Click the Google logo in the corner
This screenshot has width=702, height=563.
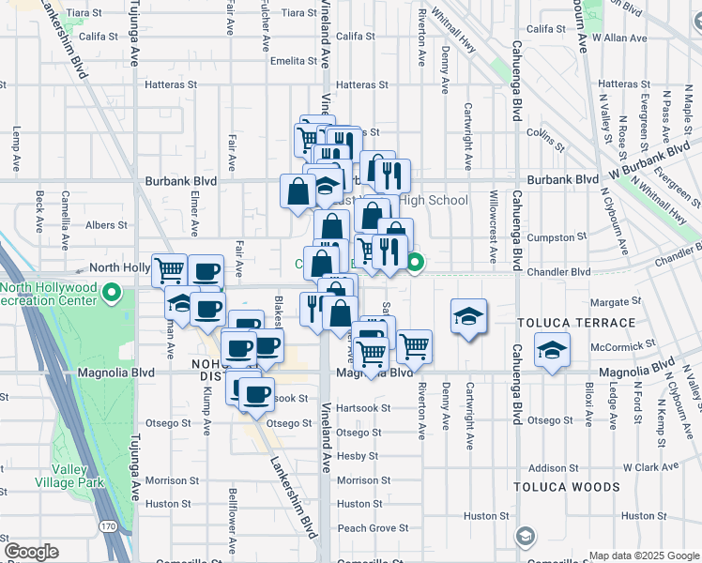pyautogui.click(x=31, y=552)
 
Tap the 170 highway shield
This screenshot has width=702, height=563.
pyautogui.click(x=110, y=525)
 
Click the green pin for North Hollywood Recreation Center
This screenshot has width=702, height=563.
pyautogui.click(x=112, y=295)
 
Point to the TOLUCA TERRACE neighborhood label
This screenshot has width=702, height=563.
pyautogui.click(x=561, y=322)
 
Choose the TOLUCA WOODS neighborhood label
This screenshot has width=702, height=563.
pyautogui.click(x=566, y=487)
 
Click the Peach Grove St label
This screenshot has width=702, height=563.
pyautogui.click(x=373, y=528)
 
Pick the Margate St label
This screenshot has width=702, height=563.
pyautogui.click(x=616, y=302)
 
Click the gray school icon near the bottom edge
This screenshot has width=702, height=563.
pyautogui.click(x=526, y=537)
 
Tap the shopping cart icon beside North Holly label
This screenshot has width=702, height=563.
pyautogui.click(x=169, y=270)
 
